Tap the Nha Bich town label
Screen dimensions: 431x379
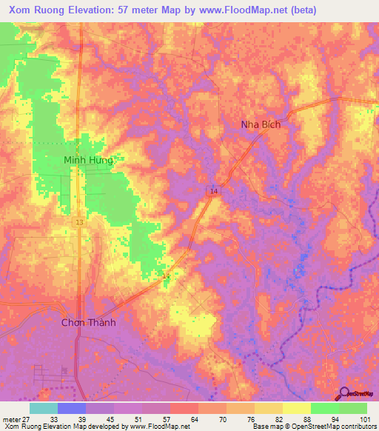pos(261,124)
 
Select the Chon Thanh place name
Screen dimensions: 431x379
pos(89,322)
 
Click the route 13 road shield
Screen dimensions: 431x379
pos(78,221)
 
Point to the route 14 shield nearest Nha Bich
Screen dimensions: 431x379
pos(212,191)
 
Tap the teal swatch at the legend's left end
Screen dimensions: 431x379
pos(43,408)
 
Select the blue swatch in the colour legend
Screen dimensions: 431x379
pos(72,408)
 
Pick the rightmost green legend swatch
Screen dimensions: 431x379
pos(352,408)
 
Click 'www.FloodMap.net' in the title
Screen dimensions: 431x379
pos(244,10)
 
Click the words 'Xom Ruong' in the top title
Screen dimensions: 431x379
pos(38,10)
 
